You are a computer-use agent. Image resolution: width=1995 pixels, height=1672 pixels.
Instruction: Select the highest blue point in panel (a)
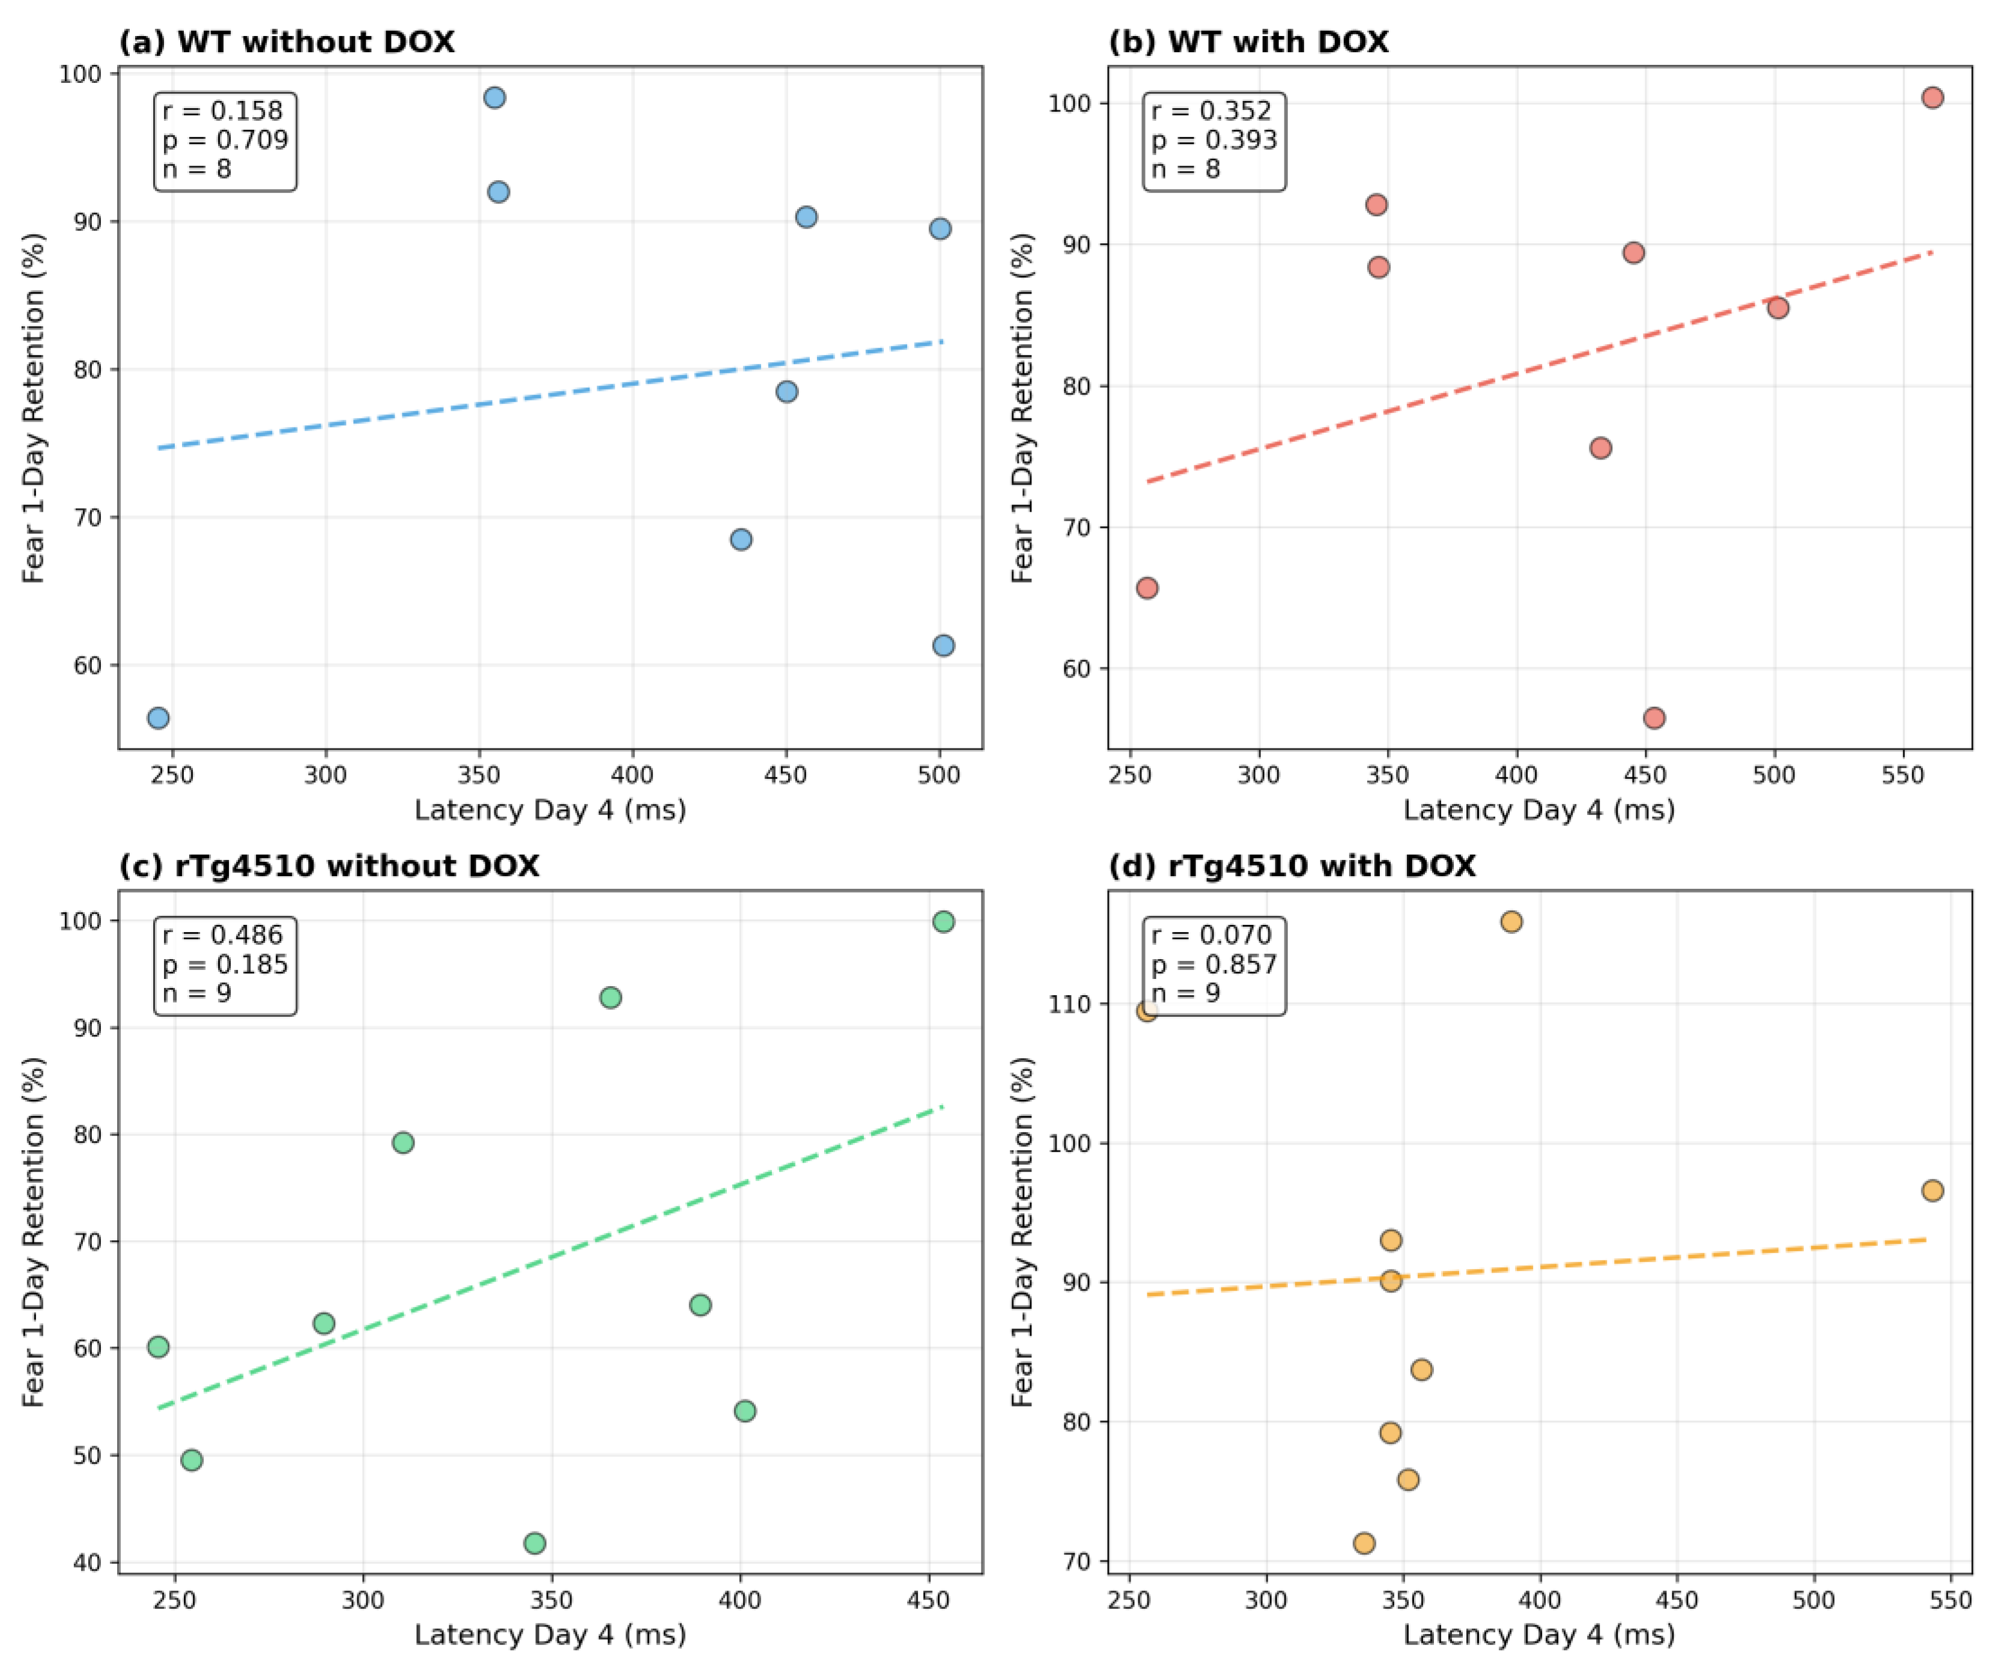coord(494,98)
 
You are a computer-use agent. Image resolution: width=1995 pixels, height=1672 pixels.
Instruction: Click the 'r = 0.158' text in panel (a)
coord(222,111)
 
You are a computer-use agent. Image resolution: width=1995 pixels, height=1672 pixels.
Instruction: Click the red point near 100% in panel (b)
coord(1933,98)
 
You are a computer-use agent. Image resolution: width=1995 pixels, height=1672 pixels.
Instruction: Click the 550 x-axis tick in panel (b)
coord(1903,775)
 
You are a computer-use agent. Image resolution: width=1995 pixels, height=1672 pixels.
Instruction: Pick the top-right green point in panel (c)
coord(943,921)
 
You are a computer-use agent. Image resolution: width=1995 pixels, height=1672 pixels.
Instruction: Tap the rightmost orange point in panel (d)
coord(1933,1190)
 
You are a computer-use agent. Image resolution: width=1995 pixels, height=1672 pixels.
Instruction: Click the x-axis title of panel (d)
coord(1539,1634)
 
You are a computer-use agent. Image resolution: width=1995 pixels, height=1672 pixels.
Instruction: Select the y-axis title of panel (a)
coord(34,408)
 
